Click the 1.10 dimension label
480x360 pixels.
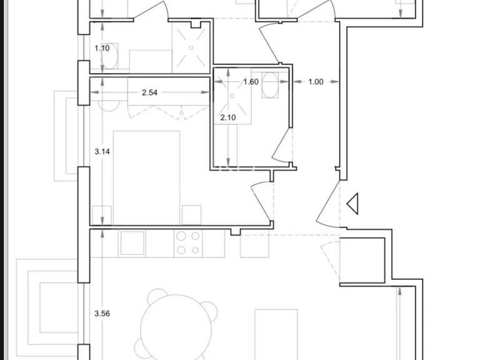click(102, 48)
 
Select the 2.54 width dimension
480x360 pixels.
click(149, 93)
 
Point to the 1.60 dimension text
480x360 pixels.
click(250, 81)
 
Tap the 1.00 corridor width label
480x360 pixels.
click(316, 81)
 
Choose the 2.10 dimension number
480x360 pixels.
click(226, 117)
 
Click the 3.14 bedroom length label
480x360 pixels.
click(102, 151)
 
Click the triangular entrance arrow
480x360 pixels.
click(352, 203)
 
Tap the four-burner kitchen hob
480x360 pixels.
click(188, 243)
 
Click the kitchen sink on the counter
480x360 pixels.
click(132, 243)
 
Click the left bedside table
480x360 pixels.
click(102, 214)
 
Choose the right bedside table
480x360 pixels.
click(191, 214)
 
